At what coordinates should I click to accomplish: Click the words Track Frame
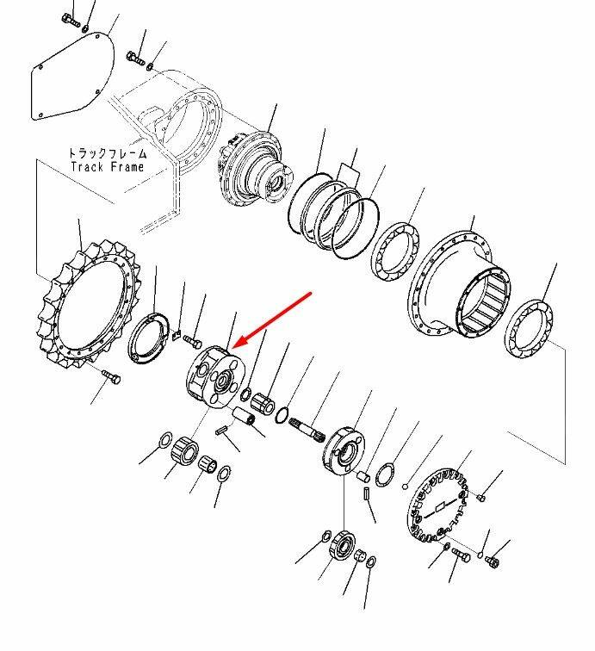point(107,167)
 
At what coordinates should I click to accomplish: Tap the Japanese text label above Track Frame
point(108,153)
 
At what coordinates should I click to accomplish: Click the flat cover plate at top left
point(71,77)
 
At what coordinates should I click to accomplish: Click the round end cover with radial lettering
point(438,506)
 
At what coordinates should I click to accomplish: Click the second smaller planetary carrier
point(344,451)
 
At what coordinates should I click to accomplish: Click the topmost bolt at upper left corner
point(70,20)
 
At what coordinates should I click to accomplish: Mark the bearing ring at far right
point(529,329)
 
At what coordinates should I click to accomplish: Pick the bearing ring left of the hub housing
point(394,251)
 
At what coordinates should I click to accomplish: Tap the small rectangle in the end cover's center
point(439,507)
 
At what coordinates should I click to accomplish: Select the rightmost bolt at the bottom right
point(492,562)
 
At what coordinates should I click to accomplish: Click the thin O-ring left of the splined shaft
point(282,415)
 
